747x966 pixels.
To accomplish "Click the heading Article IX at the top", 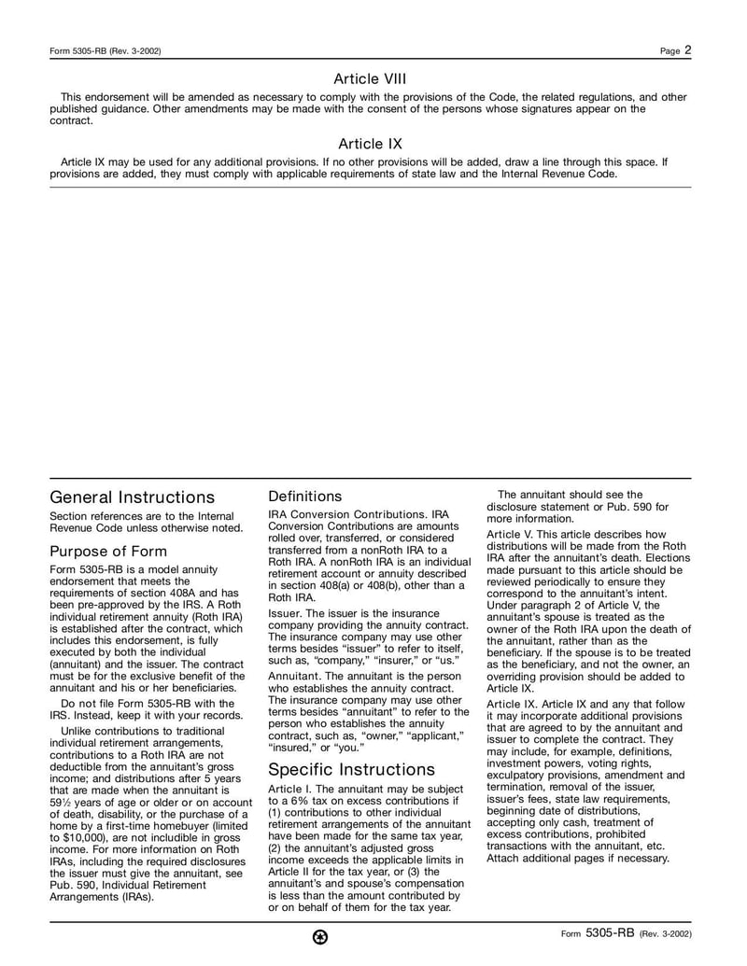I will point(370,144).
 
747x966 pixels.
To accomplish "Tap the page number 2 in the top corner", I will point(687,50).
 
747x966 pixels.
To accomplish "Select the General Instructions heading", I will point(132,497).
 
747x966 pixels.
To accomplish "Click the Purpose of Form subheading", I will point(108,551).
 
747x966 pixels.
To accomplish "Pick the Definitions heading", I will point(304,497).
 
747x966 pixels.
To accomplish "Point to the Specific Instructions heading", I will point(351,770).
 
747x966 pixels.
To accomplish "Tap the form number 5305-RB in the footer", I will point(611,932).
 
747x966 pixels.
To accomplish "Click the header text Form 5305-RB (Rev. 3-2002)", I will point(105,51).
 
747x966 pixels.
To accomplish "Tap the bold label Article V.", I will point(511,534).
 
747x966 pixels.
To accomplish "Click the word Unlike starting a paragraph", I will point(80,730).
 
